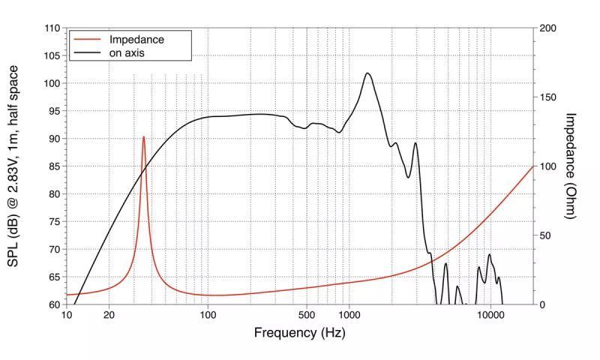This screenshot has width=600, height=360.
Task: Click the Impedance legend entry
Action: (x=136, y=39)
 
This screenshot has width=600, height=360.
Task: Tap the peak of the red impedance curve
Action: (x=144, y=137)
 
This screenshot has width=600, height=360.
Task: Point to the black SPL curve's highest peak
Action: (x=367, y=73)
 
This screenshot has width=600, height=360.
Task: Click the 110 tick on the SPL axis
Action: (x=52, y=28)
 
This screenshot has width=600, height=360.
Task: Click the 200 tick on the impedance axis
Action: (x=547, y=28)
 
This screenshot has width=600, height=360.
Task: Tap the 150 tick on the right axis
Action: (x=547, y=97)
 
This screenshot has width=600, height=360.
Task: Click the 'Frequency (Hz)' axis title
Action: (x=300, y=332)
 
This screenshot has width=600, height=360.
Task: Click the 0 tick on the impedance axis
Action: (x=542, y=304)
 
